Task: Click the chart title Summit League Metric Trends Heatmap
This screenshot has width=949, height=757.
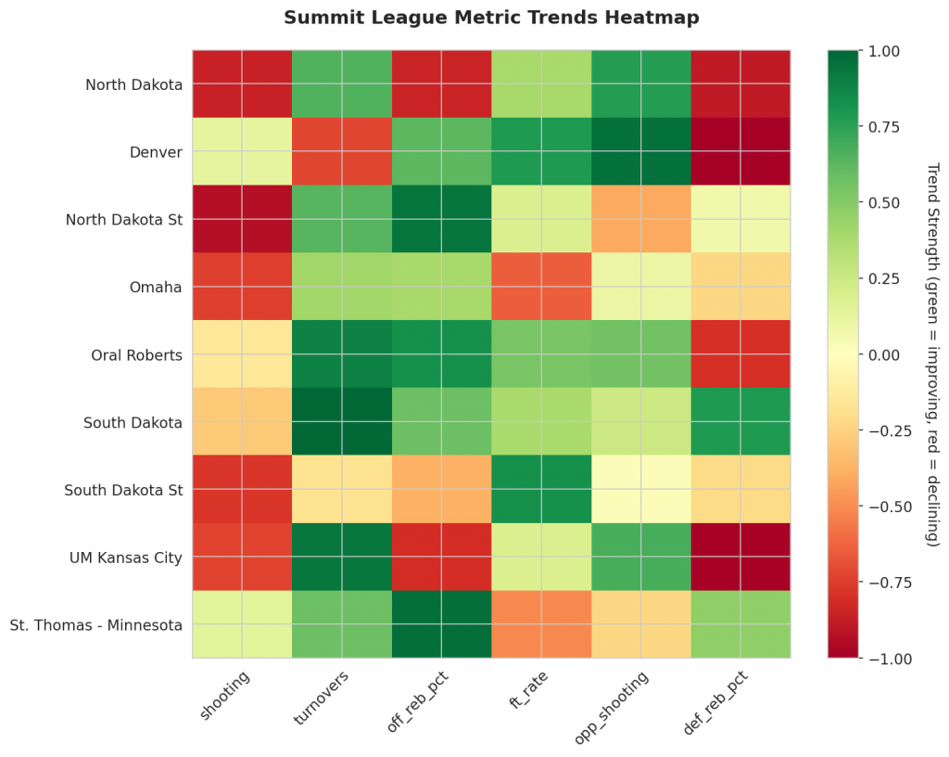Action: [491, 18]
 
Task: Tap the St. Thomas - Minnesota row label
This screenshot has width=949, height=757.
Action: [96, 624]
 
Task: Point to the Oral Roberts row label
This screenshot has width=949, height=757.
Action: [136, 354]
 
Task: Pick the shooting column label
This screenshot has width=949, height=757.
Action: [224, 695]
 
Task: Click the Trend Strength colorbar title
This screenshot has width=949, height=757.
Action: [932, 354]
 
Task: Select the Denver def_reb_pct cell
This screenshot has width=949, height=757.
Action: [740, 152]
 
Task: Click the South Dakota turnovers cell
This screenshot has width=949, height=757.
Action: [342, 422]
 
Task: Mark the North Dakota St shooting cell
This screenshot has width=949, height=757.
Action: [242, 219]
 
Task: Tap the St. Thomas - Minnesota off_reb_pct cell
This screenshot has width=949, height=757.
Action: [441, 624]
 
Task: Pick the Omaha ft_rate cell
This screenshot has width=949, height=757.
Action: [541, 287]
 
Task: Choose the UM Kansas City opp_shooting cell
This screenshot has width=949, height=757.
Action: [640, 557]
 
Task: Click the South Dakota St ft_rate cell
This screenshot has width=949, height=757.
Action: [541, 489]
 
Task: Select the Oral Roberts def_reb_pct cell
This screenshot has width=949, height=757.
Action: [740, 354]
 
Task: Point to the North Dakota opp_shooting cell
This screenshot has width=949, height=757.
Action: [640, 84]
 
